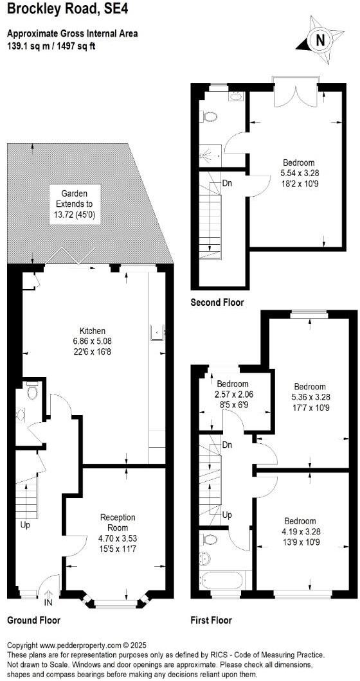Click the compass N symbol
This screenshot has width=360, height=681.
coord(319,40)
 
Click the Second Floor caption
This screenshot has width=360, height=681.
coord(217,302)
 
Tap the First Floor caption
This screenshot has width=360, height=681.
coord(211,621)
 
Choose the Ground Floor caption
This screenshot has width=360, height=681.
coord(33,621)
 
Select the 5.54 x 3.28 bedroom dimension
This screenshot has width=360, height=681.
coord(297,173)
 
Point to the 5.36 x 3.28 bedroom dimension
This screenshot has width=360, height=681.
coord(309,397)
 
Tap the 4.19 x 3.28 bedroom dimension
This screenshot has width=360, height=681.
coord(300,531)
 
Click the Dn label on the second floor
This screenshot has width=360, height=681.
coord(227,182)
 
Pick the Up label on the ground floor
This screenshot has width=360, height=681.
coord(25,525)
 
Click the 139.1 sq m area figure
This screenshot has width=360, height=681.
coord(29,46)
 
